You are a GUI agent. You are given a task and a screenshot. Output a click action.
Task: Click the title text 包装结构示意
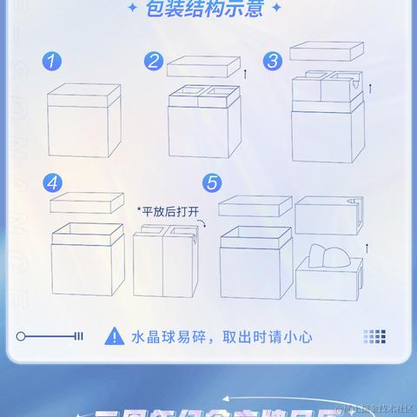pos(208,10)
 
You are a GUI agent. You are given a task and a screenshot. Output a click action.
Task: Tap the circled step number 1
pos(55,61)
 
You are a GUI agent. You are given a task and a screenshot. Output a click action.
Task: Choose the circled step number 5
pos(211,183)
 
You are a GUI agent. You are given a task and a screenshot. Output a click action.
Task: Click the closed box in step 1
pos(82,121)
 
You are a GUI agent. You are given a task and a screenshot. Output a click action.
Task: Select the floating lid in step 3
pos(322,50)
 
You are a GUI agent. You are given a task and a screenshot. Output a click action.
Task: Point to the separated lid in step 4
pos(84,203)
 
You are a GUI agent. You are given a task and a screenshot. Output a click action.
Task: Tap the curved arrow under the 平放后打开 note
pos(202,225)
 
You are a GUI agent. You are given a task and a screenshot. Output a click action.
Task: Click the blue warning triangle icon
pos(114,336)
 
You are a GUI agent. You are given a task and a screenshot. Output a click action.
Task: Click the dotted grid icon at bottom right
pos(374,336)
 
